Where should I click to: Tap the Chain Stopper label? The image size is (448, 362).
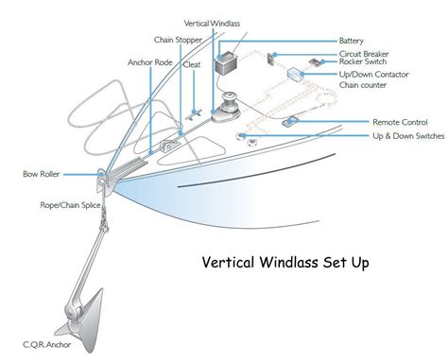174,41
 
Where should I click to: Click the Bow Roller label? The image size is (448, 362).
43,175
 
